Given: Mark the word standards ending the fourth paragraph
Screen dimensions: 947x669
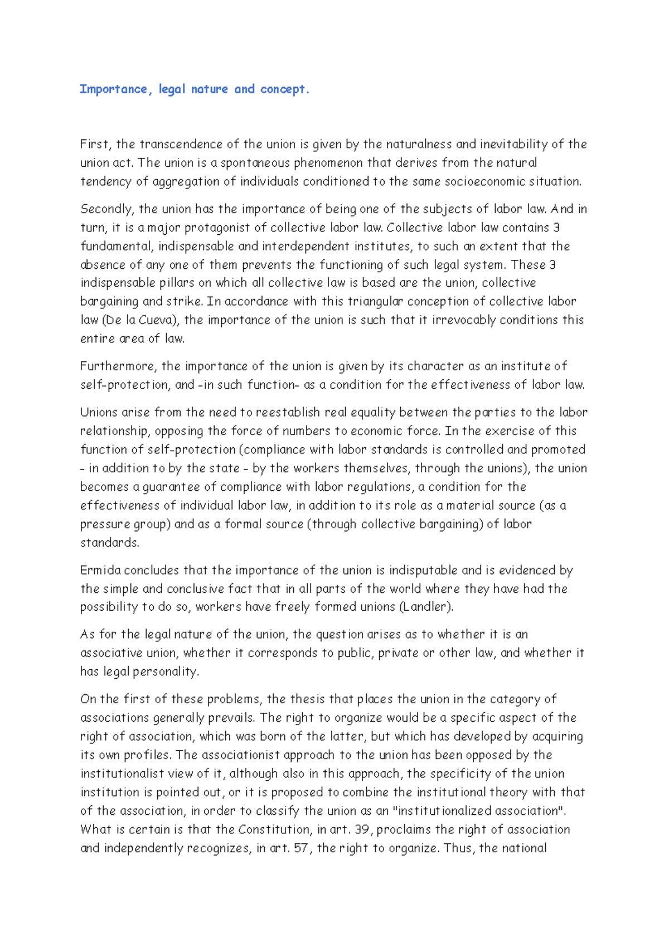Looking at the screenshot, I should click(x=109, y=543).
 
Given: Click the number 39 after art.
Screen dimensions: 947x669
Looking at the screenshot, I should click(x=362, y=829).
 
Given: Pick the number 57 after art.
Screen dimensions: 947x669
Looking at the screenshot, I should click(x=301, y=848).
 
